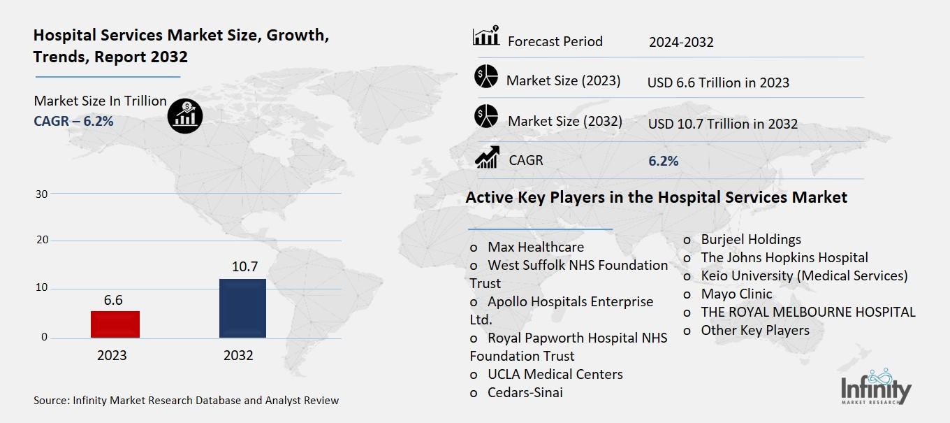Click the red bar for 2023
pyautogui.click(x=115, y=324)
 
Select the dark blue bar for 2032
pyautogui.click(x=242, y=308)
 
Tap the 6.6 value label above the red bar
pyautogui.click(x=113, y=299)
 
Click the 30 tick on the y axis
pyautogui.click(x=41, y=194)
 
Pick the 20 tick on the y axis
pyautogui.click(x=41, y=241)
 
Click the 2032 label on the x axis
pyautogui.click(x=238, y=355)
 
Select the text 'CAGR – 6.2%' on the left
pyautogui.click(x=73, y=121)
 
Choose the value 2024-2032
pyautogui.click(x=681, y=42)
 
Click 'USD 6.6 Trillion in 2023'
pyautogui.click(x=718, y=83)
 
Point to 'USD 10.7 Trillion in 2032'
pyautogui.click(x=722, y=124)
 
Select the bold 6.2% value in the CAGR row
pyautogui.click(x=663, y=161)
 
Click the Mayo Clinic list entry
pyautogui.click(x=736, y=294)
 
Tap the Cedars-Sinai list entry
pyautogui.click(x=525, y=392)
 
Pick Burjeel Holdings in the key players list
pyautogui.click(x=751, y=239)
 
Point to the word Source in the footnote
pyautogui.click(x=50, y=401)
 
